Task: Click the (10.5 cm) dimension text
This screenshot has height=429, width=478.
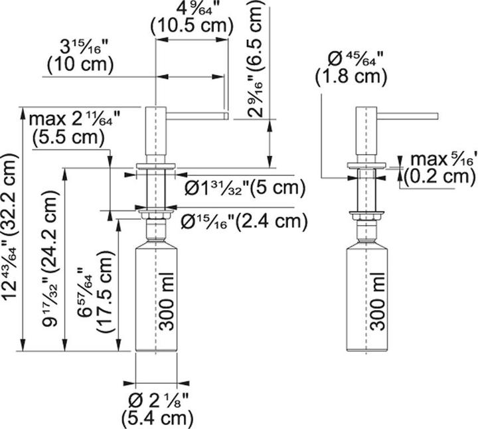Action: pyautogui.click(x=192, y=26)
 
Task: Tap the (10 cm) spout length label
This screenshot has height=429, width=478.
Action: pyautogui.click(x=80, y=64)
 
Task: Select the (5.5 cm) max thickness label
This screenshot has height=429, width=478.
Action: pyautogui.click(x=68, y=137)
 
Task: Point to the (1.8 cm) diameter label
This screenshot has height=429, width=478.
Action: pyautogui.click(x=351, y=76)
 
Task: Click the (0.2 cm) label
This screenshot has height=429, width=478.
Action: pyautogui.click(x=440, y=177)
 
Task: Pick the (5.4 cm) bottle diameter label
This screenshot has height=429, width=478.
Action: pyautogui.click(x=157, y=418)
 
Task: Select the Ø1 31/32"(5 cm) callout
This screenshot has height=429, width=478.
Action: pyautogui.click(x=244, y=187)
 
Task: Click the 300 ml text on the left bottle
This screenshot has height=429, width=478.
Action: pyautogui.click(x=167, y=301)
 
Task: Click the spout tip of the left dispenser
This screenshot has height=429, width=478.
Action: pyautogui.click(x=228, y=116)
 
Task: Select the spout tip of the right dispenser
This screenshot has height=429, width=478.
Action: pyautogui.click(x=437, y=116)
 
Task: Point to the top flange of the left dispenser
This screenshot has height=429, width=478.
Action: pyautogui.click(x=156, y=167)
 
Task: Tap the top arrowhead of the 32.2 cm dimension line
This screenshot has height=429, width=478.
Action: pyautogui.click(x=23, y=113)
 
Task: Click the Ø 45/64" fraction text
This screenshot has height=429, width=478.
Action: pyautogui.click(x=355, y=58)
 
